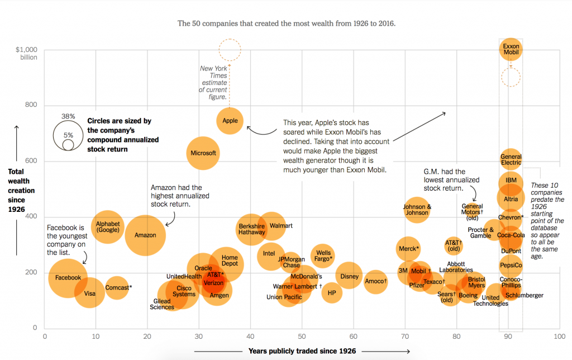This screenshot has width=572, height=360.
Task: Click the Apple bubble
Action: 230,121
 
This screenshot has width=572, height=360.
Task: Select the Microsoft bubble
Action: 203,153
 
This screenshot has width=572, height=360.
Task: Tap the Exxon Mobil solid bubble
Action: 511,50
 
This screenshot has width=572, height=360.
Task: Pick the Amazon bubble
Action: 145,235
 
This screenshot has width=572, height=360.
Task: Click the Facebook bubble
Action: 68,278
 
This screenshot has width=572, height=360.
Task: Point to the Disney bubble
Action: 349,276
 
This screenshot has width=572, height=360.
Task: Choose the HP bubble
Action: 332,292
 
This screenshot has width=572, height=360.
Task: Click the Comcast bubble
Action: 116,288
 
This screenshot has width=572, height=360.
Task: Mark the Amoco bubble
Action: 375,281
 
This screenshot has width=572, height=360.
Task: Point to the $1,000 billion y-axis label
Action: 26,53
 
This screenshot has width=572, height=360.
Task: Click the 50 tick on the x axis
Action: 302,337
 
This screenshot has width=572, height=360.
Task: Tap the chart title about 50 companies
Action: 286,23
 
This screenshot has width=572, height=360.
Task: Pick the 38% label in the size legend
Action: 68,116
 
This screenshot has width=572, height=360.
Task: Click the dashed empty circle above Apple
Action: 230,50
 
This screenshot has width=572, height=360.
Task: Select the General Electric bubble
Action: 511,160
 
